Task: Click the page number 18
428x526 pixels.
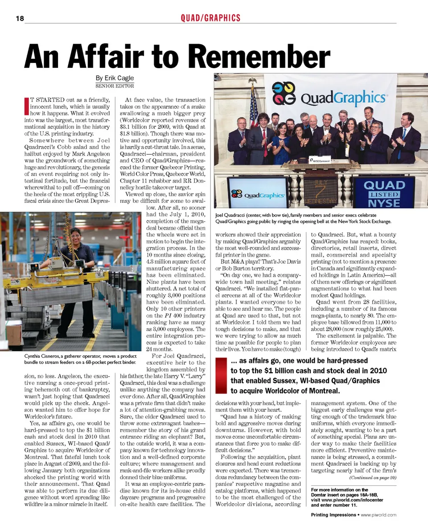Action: tap(18, 18)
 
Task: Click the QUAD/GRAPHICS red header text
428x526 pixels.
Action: tap(210, 18)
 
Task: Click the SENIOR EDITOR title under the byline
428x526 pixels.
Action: tap(115, 86)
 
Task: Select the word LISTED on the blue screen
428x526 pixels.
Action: tap(383, 195)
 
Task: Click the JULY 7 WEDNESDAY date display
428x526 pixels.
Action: tap(321, 193)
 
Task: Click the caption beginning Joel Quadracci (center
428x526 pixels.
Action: tap(303, 218)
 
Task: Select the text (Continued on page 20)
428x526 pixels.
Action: tap(373, 477)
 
